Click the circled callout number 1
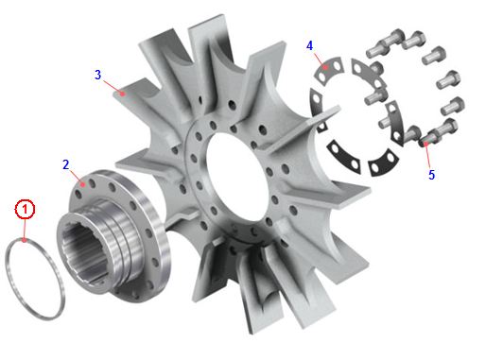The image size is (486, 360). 26,209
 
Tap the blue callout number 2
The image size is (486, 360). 66,164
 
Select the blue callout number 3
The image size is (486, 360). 98,75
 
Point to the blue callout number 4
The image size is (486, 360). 310,46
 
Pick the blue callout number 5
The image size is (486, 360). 431,175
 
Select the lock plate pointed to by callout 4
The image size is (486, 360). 329,71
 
